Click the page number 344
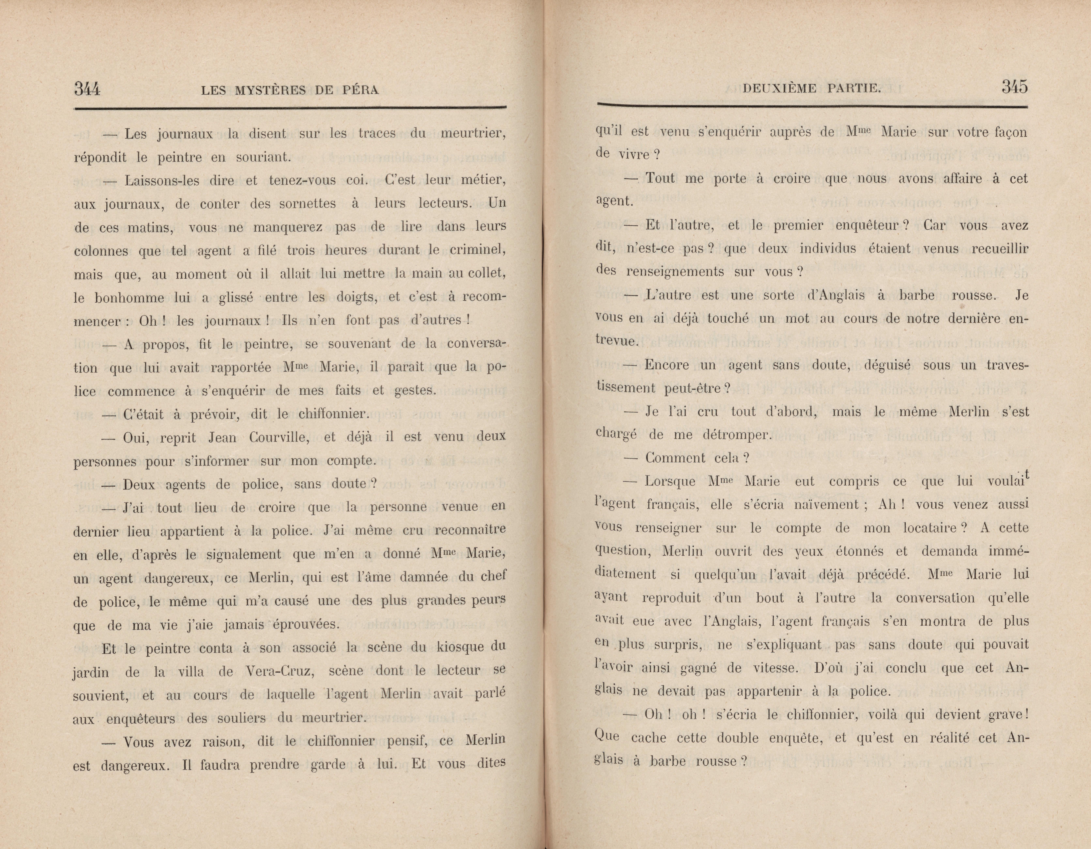pos(87,89)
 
